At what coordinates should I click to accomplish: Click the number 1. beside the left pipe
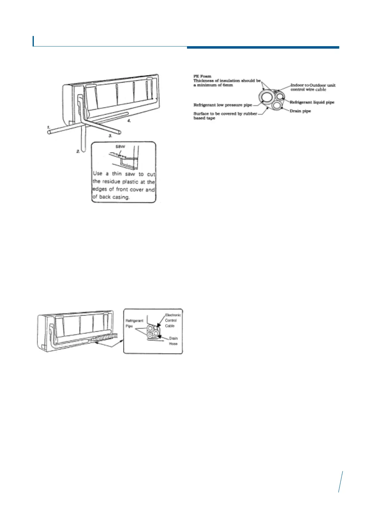pos(48,127)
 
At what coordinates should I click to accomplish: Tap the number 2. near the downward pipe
pos(78,151)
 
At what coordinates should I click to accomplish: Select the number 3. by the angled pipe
pos(110,135)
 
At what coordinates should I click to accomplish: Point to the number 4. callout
pos(129,121)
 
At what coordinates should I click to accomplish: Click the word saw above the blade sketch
pos(120,147)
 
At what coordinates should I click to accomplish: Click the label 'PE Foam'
pos(202,76)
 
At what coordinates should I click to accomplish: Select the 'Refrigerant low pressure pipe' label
pos(223,105)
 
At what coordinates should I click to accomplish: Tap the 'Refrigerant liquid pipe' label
pos(312,102)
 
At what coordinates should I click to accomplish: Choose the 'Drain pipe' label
pos(300,111)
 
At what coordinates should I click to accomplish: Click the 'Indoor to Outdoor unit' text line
pos(313,85)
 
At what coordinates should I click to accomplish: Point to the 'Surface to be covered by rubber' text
pos(225,114)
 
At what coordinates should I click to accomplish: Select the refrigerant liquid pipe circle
pos(280,97)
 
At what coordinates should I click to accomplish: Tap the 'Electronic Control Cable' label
pos(173,320)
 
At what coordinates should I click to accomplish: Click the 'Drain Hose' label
pos(173,341)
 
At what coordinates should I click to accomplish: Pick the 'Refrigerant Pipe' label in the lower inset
pos(134,323)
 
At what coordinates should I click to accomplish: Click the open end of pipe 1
pos(49,132)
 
